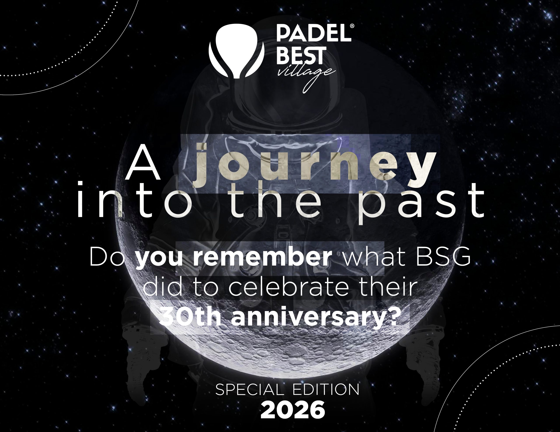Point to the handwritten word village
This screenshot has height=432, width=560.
(x=306, y=76)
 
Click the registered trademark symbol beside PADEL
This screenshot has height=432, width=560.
(x=352, y=26)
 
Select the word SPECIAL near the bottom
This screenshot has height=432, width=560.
(x=250, y=390)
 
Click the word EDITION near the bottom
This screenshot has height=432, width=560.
(x=326, y=390)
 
